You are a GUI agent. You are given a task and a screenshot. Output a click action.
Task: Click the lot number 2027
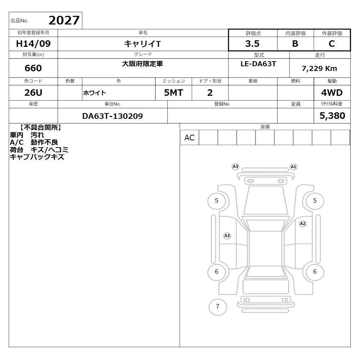(64, 21)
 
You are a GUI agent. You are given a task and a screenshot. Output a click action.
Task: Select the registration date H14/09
(33, 44)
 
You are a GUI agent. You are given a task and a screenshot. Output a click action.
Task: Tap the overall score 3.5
(252, 44)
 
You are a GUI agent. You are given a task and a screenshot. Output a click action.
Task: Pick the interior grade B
(295, 44)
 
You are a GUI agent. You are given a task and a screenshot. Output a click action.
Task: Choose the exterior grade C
(332, 44)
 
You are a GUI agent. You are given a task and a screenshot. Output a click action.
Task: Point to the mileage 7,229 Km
(319, 68)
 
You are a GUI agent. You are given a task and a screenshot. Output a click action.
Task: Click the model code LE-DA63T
(258, 64)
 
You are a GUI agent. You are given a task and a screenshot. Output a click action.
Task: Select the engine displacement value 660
(33, 68)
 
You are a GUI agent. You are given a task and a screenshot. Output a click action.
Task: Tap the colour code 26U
(33, 93)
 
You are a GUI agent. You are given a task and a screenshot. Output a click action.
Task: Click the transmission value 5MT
(174, 93)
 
